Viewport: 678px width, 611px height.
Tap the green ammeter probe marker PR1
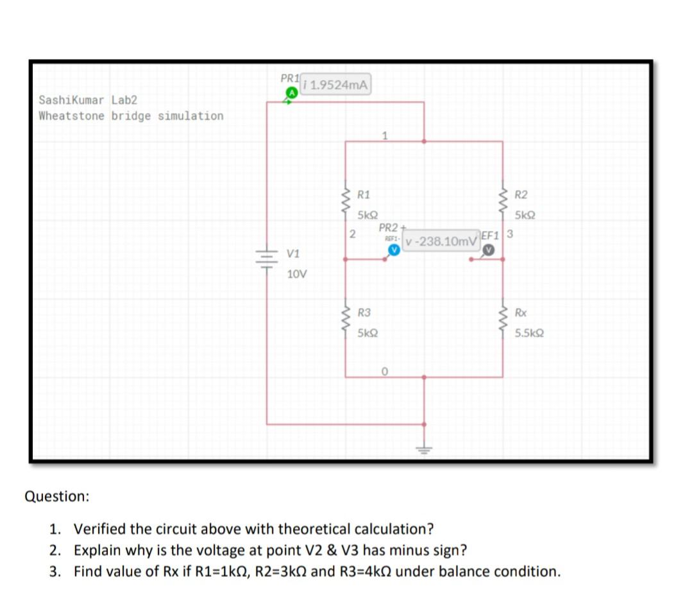click(291, 93)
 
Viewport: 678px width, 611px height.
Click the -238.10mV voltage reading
click(441, 241)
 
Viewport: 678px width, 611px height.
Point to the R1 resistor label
click(363, 194)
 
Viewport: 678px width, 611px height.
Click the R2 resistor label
click(521, 194)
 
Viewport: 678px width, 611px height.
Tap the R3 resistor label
click(364, 313)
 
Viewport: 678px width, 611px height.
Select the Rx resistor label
click(521, 313)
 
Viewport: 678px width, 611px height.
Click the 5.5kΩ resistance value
click(529, 334)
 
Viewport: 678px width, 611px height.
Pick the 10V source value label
click(296, 274)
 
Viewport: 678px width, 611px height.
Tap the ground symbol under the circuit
click(423, 450)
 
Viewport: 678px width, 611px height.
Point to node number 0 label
click(384, 370)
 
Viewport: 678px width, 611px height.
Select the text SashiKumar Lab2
click(87, 100)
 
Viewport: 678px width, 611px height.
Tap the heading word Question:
click(56, 496)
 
